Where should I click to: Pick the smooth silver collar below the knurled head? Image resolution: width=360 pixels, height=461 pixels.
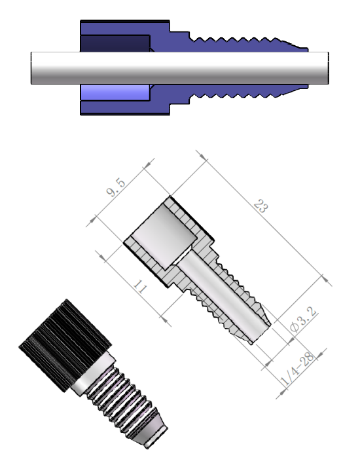tap(92, 377)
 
